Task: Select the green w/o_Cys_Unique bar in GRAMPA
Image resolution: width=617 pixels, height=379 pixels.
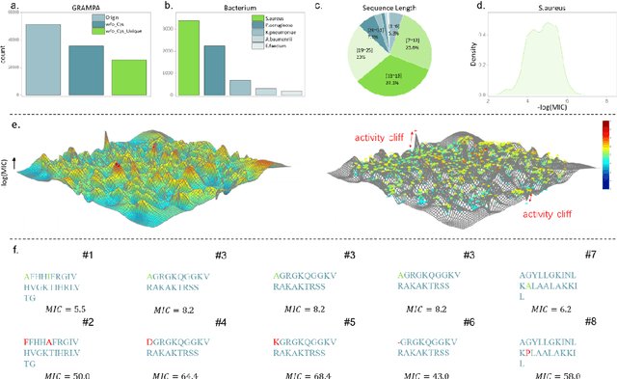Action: point(128,77)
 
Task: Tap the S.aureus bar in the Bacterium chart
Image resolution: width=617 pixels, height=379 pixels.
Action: point(189,58)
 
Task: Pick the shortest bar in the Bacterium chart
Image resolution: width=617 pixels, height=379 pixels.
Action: point(290,93)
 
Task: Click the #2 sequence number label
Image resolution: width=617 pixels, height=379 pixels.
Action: point(87,321)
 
